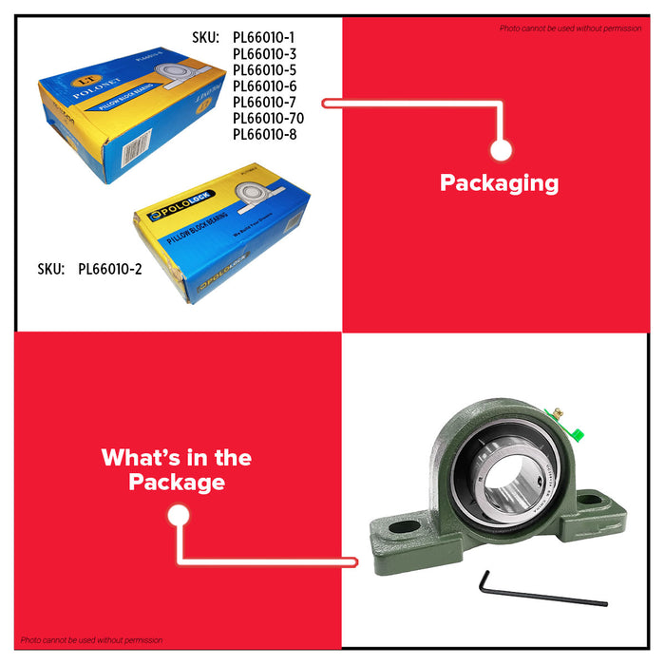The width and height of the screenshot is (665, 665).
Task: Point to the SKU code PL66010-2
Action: coord(109,269)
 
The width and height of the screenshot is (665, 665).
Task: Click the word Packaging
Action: coord(499,183)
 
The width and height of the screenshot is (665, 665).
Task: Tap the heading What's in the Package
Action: coord(177,469)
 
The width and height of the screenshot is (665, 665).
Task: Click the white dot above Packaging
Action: coord(502,150)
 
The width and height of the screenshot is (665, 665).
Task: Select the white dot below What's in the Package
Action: coord(177,515)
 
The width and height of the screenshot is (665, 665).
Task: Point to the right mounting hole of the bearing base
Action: coord(589,497)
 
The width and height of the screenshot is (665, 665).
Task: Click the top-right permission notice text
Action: coord(570,28)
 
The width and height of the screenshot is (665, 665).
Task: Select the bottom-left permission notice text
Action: coord(91,639)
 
